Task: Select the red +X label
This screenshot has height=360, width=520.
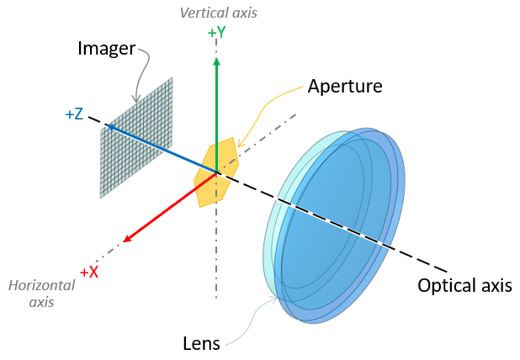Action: point(89,272)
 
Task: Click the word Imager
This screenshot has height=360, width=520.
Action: point(107,49)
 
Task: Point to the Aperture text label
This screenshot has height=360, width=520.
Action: point(345,86)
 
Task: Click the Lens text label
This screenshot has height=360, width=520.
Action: point(202,342)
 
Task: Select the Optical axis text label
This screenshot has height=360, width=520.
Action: point(464,285)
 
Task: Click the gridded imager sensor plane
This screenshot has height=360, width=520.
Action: point(136,139)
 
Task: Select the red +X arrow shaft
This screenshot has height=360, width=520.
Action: point(172,206)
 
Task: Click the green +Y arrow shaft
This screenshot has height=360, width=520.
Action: point(217,118)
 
